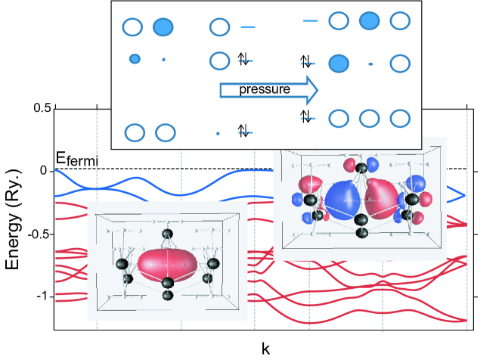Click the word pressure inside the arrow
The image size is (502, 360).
tap(265, 90)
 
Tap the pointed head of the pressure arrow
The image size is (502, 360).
tap(318, 90)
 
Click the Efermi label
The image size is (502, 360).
tap(76, 159)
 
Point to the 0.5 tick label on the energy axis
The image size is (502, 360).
tap(42, 108)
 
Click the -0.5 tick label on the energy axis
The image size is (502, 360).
tap(39, 234)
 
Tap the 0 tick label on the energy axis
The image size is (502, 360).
tap(44, 171)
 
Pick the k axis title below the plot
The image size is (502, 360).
tap(265, 349)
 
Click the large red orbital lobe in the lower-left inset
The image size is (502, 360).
tap(167, 265)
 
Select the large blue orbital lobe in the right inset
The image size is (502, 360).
tap(342, 200)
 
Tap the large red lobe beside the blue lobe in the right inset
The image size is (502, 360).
tap(382, 199)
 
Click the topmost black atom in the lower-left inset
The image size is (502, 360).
tap(167, 234)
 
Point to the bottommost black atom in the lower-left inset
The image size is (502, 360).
tap(168, 295)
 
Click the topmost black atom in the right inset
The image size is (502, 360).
tap(362, 167)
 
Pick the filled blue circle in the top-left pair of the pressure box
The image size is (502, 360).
tap(163, 27)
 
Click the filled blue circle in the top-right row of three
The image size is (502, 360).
tap(370, 20)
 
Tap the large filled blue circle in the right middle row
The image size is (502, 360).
tap(339, 63)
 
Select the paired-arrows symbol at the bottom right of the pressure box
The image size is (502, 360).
tap(305, 116)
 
